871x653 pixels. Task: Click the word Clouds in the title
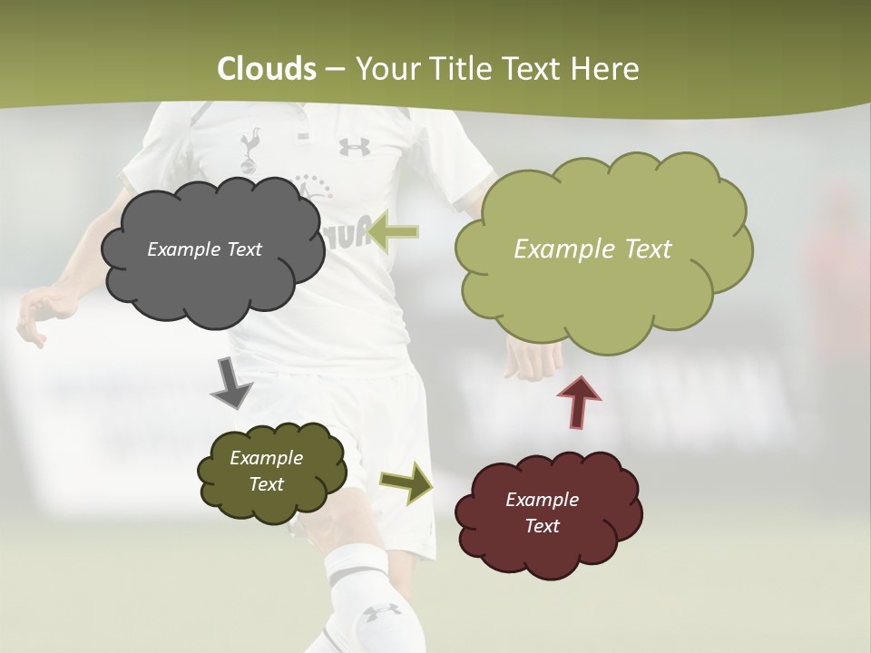[x=267, y=69]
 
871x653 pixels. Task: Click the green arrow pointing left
[x=394, y=232]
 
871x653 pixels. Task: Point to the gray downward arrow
[x=230, y=382]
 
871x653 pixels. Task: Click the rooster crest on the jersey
[x=250, y=147]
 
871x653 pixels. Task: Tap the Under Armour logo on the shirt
[x=355, y=146]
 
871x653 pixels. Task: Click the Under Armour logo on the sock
[x=382, y=612]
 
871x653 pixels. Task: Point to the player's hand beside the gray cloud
[x=41, y=313]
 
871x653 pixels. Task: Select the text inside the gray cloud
[x=204, y=249]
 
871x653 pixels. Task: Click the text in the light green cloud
[x=592, y=249]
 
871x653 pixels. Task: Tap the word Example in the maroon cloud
[x=542, y=500]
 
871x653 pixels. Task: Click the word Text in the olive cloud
[x=267, y=484]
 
